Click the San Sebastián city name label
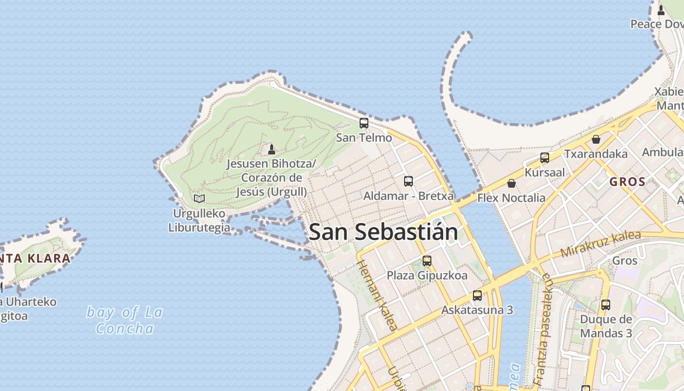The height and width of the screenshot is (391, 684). pyautogui.click(x=384, y=232)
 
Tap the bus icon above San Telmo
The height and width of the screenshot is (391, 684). pyautogui.click(x=364, y=123)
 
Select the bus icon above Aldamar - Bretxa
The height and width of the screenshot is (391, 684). pyautogui.click(x=408, y=181)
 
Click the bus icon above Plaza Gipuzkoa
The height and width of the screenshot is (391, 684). pyautogui.click(x=427, y=261)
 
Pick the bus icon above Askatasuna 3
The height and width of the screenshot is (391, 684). pyautogui.click(x=477, y=296)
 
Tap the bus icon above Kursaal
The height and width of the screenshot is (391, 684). pyautogui.click(x=545, y=158)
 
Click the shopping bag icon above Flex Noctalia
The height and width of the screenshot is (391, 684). pyautogui.click(x=512, y=183)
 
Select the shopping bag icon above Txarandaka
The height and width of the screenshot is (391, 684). pyautogui.click(x=596, y=139)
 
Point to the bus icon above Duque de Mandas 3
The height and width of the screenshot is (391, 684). pyautogui.click(x=606, y=305)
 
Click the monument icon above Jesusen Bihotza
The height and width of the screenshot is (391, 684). pyautogui.click(x=272, y=149)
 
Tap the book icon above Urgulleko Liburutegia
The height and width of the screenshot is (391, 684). pyautogui.click(x=199, y=198)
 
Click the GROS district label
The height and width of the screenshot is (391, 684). pyautogui.click(x=628, y=182)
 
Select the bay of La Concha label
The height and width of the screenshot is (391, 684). pyautogui.click(x=125, y=320)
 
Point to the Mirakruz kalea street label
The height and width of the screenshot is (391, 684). pyautogui.click(x=600, y=244)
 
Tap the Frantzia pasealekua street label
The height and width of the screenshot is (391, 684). pyautogui.click(x=544, y=329)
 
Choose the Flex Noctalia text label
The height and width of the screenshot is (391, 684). pyautogui.click(x=511, y=198)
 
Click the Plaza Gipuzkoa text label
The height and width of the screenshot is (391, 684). pyautogui.click(x=427, y=275)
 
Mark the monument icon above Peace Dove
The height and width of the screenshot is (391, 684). pyautogui.click(x=661, y=10)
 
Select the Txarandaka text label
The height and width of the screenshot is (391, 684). pyautogui.click(x=596, y=154)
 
